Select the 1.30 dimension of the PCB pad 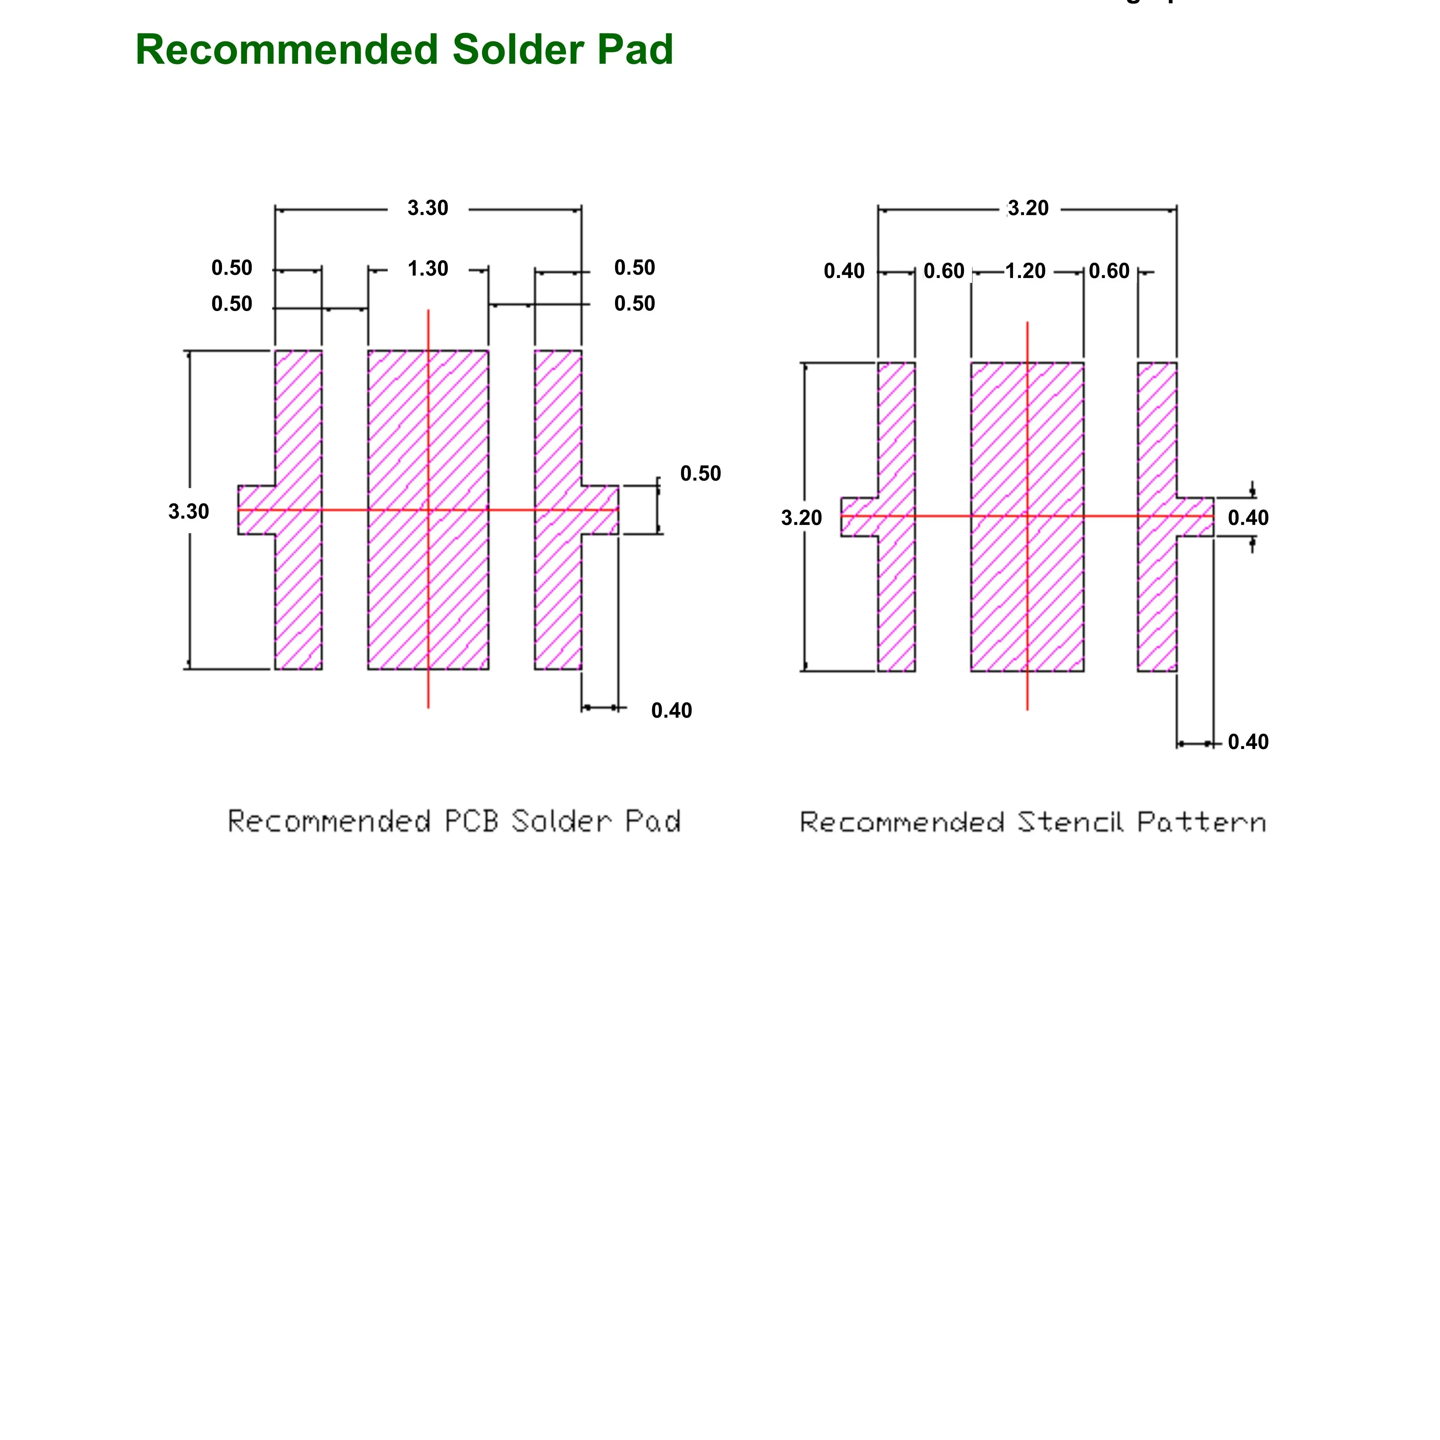point(428,268)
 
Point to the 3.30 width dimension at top point(428,208)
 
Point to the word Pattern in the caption point(1201,822)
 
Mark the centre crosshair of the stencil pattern point(1027,516)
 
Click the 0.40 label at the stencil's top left point(844,271)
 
